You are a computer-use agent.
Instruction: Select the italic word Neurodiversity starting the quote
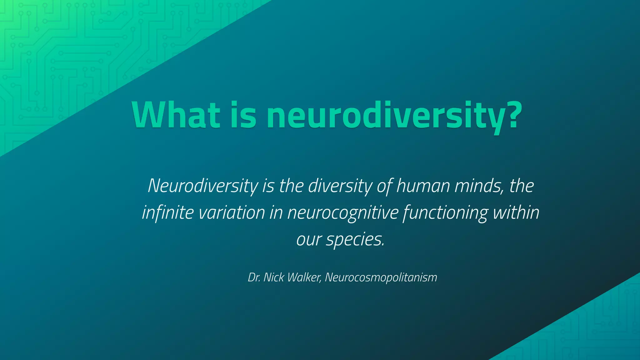[x=203, y=186]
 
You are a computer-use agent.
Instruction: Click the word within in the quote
[x=516, y=212]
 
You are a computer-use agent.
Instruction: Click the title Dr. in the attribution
[x=254, y=277]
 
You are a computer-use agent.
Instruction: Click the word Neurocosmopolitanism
[x=381, y=277]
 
